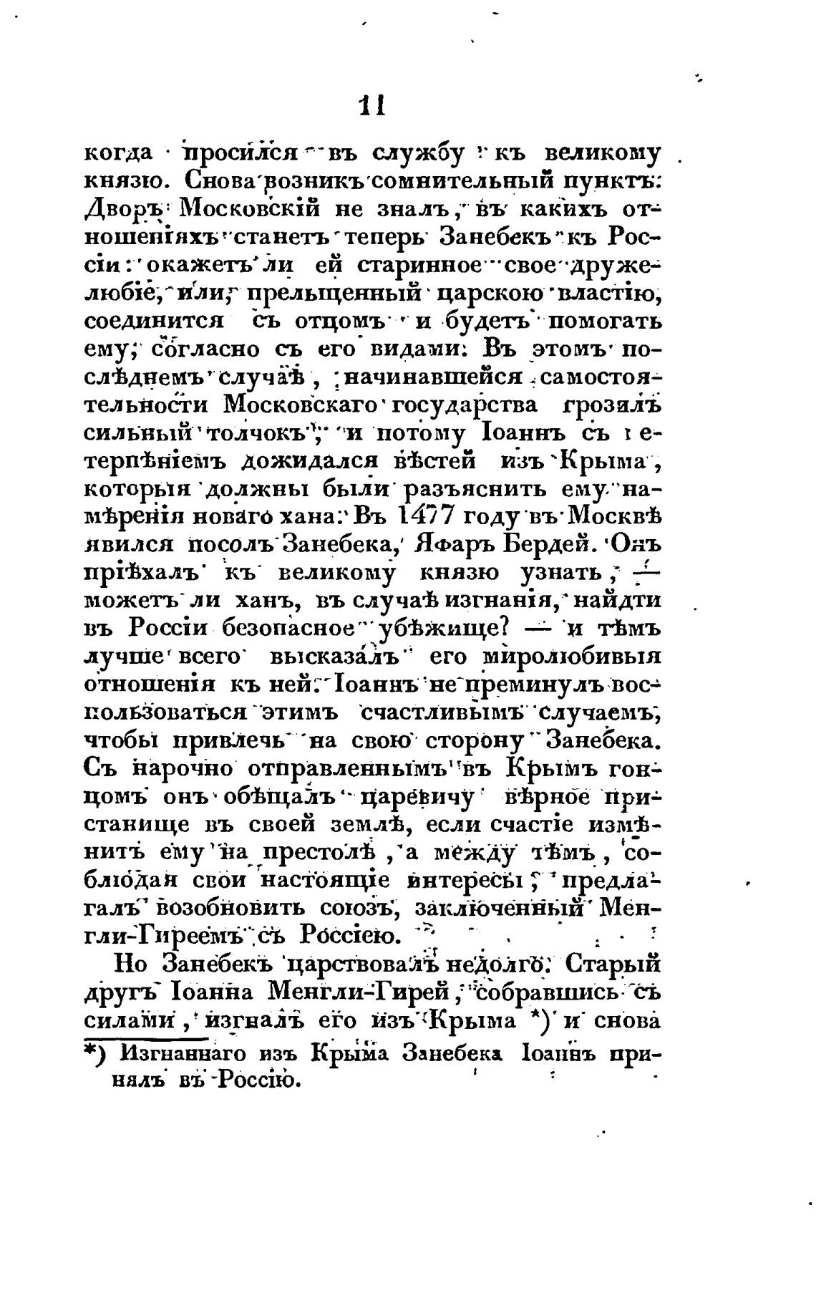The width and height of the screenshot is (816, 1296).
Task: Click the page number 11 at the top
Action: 371,107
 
